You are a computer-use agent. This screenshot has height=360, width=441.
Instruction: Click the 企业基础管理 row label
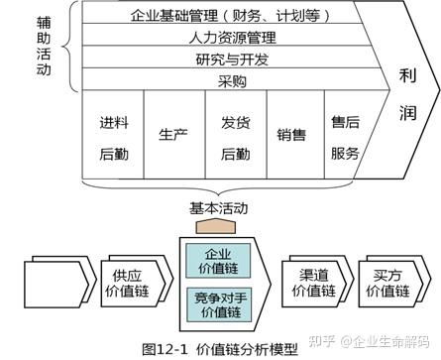point(229,16)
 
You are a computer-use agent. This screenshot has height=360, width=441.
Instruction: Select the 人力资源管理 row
point(229,39)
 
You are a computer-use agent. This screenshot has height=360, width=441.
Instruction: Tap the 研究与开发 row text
point(229,60)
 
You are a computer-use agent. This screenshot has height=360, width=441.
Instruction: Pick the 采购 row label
point(229,80)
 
